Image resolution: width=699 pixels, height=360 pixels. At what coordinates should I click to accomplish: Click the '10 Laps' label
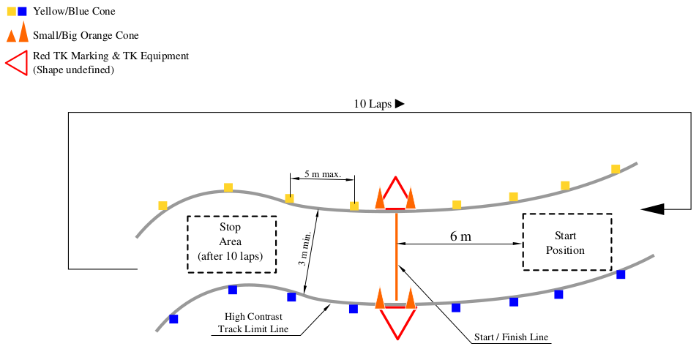pos(373,104)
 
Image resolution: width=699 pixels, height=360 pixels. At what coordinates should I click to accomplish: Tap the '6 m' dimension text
pos(460,236)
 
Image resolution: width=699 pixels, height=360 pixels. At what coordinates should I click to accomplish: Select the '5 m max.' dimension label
pos(323,173)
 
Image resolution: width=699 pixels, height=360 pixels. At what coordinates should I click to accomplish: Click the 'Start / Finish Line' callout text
pos(511,337)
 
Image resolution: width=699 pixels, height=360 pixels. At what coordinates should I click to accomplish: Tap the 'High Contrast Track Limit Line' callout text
pos(253,323)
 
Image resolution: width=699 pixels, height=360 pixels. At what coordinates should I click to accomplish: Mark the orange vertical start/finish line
pos(396,256)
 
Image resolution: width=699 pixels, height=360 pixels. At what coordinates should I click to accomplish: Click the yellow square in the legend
pos(12,12)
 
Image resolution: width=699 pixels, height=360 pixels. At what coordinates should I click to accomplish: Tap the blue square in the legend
pos(22,12)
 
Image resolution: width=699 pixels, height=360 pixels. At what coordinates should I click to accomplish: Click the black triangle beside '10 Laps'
pos(400,104)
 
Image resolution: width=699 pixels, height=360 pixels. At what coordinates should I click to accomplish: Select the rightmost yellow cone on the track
pos(616,169)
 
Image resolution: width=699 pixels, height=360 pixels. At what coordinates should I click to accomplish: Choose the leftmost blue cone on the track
pos(174,319)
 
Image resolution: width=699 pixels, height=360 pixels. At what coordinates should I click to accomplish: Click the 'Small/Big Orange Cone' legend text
pos(86,36)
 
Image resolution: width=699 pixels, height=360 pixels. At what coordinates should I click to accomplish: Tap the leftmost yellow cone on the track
pos(163,206)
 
